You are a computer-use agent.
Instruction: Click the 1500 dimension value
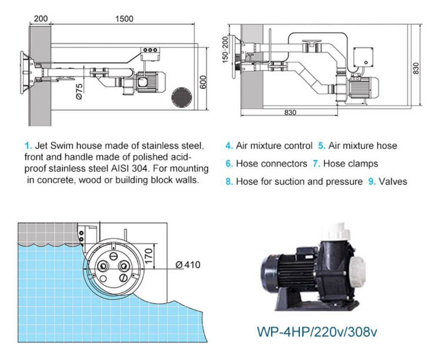[x=124, y=19]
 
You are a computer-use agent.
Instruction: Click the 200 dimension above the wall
[x=40, y=19]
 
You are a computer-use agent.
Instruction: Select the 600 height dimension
[x=204, y=82]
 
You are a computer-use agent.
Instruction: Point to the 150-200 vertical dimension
[x=225, y=50]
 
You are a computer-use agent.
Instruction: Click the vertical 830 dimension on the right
[x=416, y=68]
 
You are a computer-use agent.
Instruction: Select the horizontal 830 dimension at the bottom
[x=290, y=112]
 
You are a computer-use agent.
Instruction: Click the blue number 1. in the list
[x=28, y=146]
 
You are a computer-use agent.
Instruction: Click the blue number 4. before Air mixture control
[x=229, y=146]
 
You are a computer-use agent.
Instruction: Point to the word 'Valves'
[x=393, y=182]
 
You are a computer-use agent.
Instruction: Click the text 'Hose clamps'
[x=351, y=164]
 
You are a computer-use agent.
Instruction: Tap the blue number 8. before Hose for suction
[x=229, y=182]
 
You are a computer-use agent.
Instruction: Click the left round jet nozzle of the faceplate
[x=103, y=266]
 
